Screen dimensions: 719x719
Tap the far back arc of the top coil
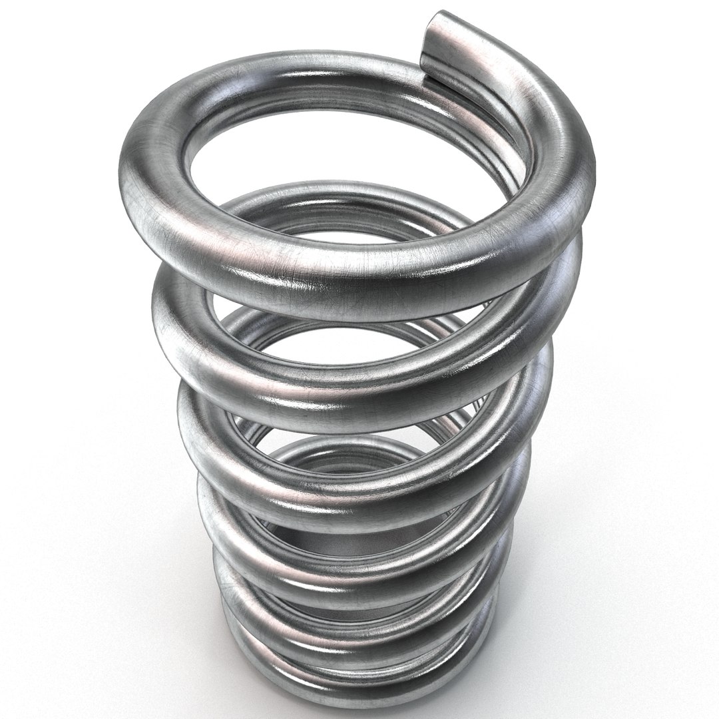[x=320, y=67]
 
